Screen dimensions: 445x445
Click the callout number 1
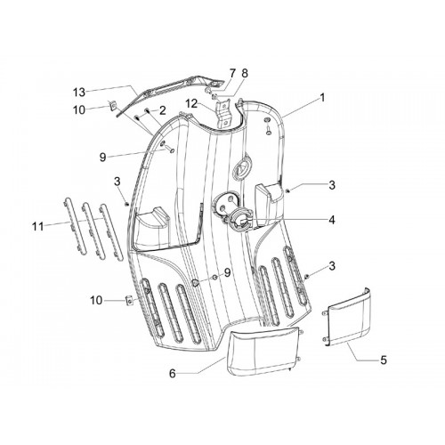tap(322, 98)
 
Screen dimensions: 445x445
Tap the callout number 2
tap(162, 110)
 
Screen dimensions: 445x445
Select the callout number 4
tap(332, 220)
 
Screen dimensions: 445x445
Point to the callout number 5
tap(384, 360)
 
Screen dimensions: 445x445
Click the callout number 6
tap(173, 374)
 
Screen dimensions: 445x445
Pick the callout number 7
tap(232, 73)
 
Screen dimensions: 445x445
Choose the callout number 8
tap(245, 74)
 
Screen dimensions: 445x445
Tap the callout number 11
tap(38, 227)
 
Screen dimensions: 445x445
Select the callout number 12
tap(191, 104)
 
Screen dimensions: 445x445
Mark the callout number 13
tap(79, 93)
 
